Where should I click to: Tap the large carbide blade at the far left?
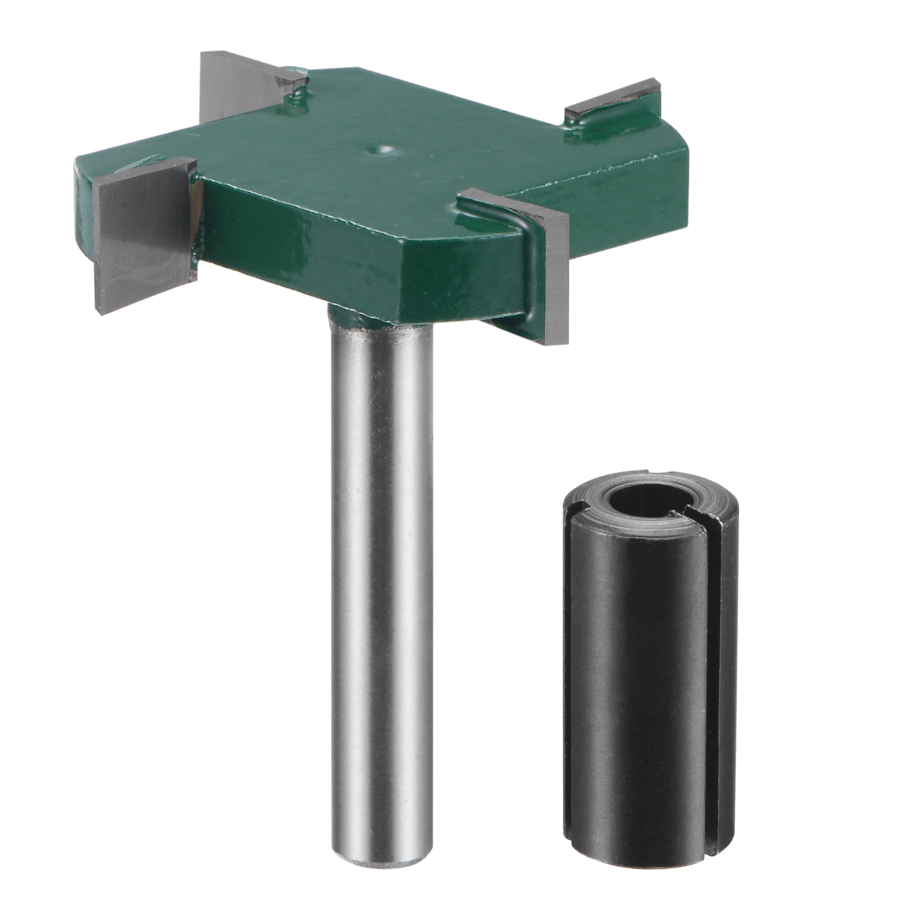pyautogui.click(x=142, y=234)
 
